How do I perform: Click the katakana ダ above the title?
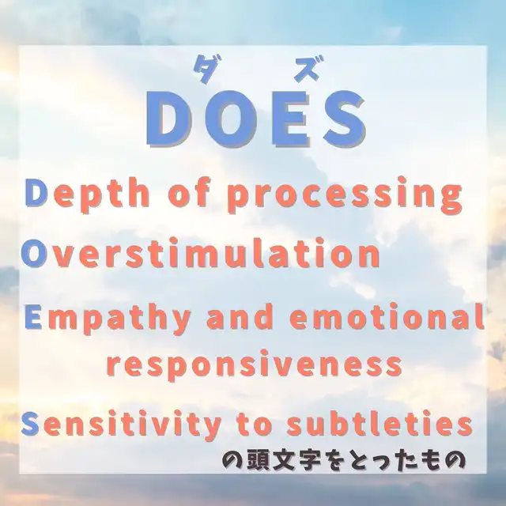(x=204, y=69)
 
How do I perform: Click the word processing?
(x=345, y=197)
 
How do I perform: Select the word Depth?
(x=87, y=194)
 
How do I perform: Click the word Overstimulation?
(x=200, y=254)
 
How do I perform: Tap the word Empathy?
(x=108, y=319)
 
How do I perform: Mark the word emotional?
(x=387, y=316)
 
